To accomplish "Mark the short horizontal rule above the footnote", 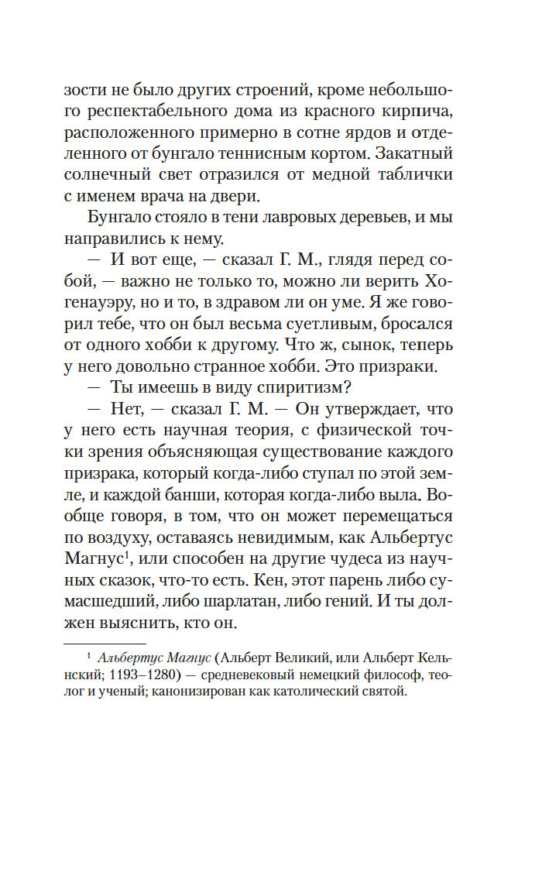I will click(105, 644).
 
